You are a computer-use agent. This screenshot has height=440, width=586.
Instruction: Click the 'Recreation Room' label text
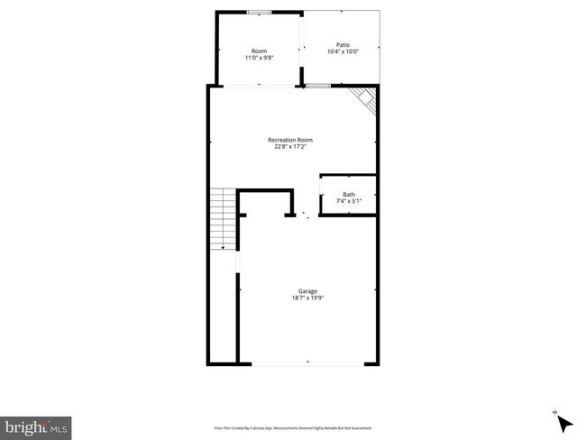click(290, 140)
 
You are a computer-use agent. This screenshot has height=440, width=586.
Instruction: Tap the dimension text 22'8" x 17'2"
click(290, 147)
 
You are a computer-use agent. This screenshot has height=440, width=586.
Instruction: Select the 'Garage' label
click(307, 290)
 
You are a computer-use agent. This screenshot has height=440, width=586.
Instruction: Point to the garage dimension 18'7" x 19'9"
click(307, 298)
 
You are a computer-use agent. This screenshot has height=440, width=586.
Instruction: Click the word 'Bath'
click(348, 194)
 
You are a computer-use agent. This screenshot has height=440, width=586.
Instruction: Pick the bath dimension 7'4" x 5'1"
click(348, 201)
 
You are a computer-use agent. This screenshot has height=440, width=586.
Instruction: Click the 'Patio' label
click(343, 44)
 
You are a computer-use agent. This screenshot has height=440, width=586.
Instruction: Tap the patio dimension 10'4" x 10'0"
click(343, 51)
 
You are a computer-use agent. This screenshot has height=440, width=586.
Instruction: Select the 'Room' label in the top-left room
click(260, 50)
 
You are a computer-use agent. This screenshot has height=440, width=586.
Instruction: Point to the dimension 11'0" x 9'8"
click(260, 58)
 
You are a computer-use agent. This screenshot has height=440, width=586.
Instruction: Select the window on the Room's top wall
click(260, 13)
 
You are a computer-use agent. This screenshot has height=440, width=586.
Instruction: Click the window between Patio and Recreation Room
click(317, 86)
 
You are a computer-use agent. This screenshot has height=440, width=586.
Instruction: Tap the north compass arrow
click(564, 422)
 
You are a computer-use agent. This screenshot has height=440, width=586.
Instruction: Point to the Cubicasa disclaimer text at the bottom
click(293, 427)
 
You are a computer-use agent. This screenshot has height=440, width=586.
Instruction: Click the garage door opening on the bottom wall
click(307, 363)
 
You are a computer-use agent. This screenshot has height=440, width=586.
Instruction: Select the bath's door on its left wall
click(321, 191)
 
